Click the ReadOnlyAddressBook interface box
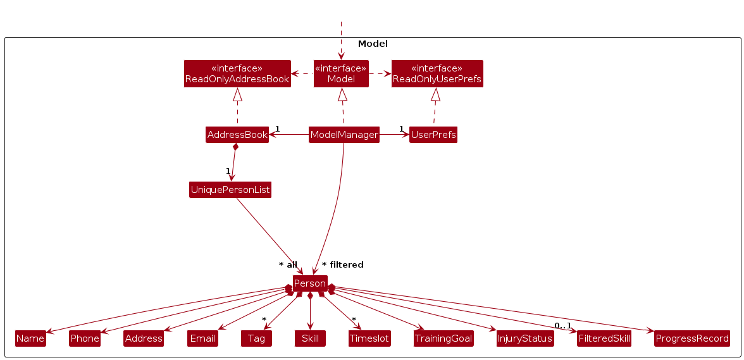click(237, 73)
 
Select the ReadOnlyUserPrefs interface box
click(437, 73)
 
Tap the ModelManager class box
click(344, 135)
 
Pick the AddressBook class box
click(237, 135)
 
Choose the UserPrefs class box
click(433, 135)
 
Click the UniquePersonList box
click(230, 190)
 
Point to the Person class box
click(310, 283)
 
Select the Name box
click(30, 338)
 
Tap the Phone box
click(85, 338)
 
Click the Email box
click(202, 338)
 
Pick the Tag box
click(256, 338)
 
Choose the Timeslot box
click(369, 338)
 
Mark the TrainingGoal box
click(443, 338)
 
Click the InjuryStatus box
click(525, 338)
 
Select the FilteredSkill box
click(604, 338)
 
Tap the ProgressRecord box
click(692, 338)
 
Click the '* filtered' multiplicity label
click(343, 264)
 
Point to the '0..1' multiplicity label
click(562, 326)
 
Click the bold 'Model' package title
click(373, 44)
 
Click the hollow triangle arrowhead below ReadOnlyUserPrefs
click(435, 95)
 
